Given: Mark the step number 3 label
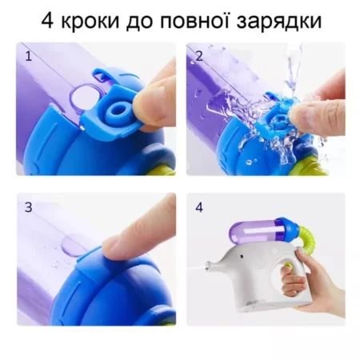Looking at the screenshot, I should click(29, 207).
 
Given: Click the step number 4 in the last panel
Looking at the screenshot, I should click(198, 207).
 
